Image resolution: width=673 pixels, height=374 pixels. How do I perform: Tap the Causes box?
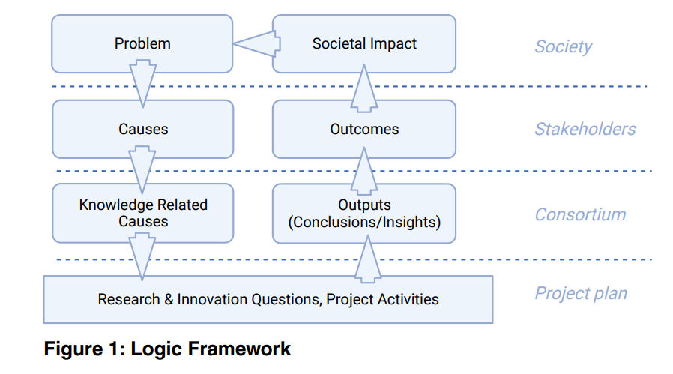pyautogui.click(x=142, y=129)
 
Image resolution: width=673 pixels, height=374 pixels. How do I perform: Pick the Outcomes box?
pyautogui.click(x=364, y=129)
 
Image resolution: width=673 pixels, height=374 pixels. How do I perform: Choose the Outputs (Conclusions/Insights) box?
pyautogui.click(x=364, y=214)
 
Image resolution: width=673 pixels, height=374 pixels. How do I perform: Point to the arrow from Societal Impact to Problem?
pyautogui.click(x=256, y=44)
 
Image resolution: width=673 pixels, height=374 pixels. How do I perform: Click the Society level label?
pyautogui.click(x=563, y=46)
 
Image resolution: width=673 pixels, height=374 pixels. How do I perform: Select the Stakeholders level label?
pyautogui.click(x=585, y=129)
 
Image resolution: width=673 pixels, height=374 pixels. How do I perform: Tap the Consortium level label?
pyautogui.click(x=580, y=214)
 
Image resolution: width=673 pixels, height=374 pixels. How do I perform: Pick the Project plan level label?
pyautogui.click(x=581, y=293)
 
